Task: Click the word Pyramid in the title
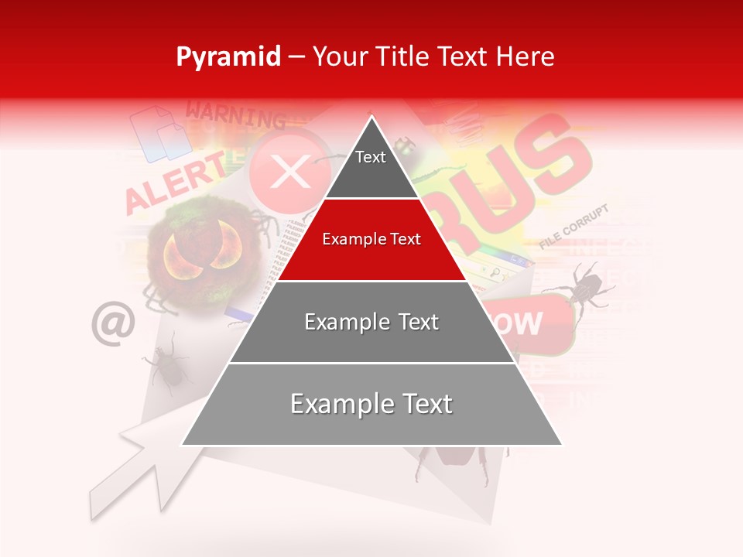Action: [228, 56]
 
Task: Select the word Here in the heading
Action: [526, 56]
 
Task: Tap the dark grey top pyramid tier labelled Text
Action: [371, 166]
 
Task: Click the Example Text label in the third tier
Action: [371, 322]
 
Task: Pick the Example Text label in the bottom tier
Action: [371, 404]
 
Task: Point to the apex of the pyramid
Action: [372, 118]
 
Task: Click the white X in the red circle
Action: [290, 171]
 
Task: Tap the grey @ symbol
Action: [113, 323]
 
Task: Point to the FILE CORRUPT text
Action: [574, 227]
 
